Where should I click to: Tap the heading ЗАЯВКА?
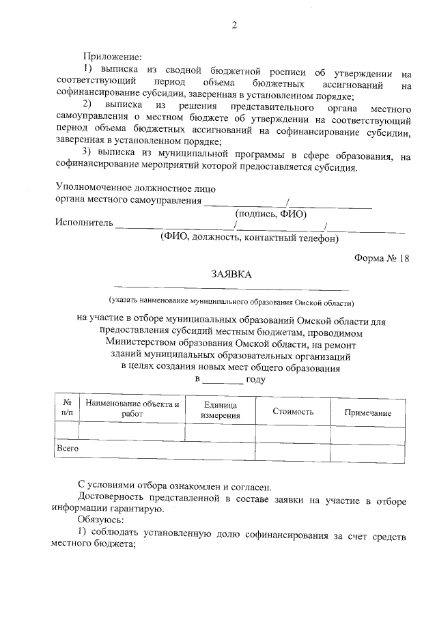[231, 275]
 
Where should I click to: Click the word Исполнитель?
[84, 223]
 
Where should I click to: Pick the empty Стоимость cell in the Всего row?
[292, 450]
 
